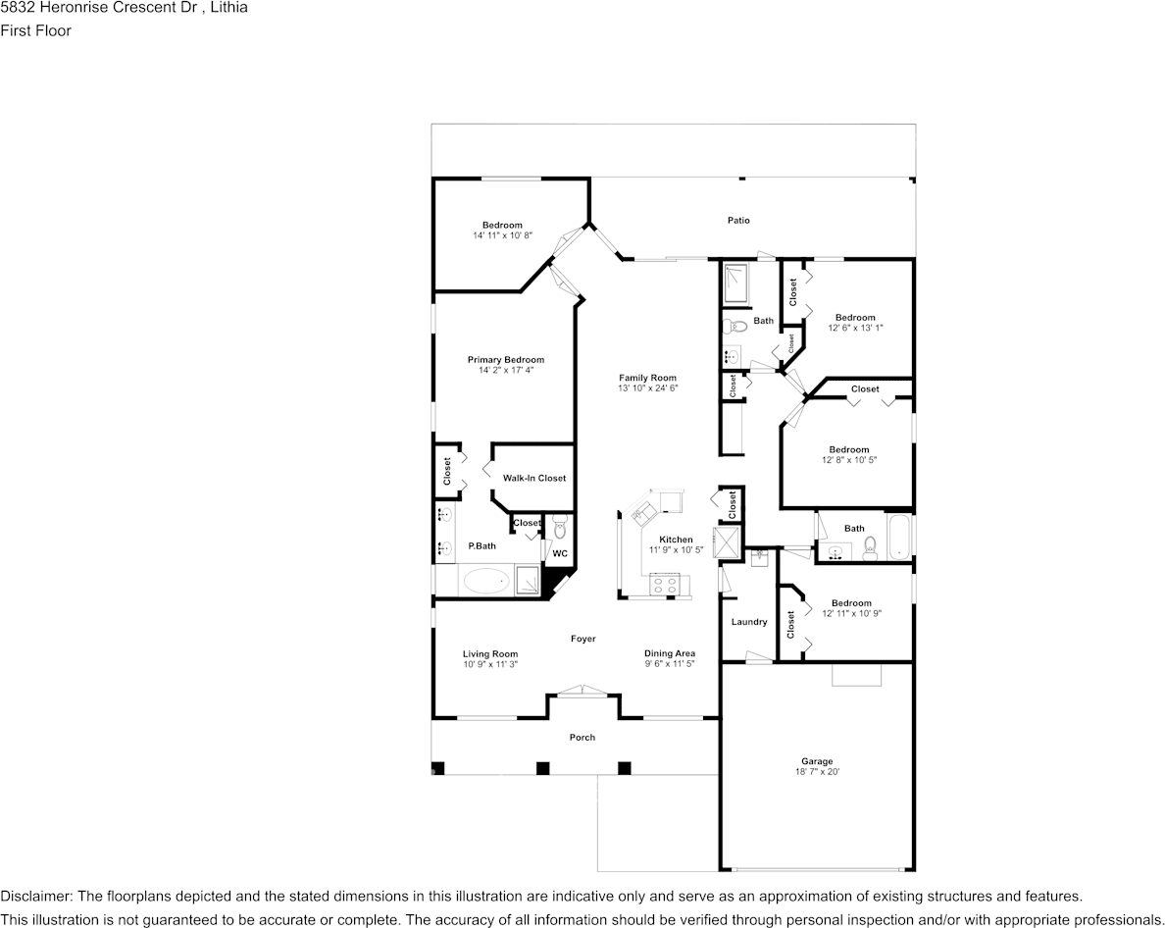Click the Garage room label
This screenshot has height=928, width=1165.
[817, 761]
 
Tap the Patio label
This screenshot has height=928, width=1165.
[738, 221]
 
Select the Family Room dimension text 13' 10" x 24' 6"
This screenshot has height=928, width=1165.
[647, 388]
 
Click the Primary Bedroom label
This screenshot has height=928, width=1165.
[505, 360]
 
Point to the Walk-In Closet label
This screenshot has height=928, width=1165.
[534, 478]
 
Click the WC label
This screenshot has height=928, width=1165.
[559, 553]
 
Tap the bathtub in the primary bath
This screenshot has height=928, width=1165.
[486, 582]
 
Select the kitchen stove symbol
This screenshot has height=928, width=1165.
[664, 585]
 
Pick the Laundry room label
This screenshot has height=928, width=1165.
[749, 622]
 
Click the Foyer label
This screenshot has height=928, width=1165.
[583, 639]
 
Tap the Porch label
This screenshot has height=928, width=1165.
[582, 738]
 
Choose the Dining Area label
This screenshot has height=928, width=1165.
[670, 653]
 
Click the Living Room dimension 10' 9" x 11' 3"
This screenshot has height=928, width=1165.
[490, 664]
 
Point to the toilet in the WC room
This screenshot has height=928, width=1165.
[560, 528]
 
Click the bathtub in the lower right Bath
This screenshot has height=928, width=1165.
[899, 538]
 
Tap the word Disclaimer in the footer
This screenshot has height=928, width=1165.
[35, 897]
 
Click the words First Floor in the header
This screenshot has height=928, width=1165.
[35, 30]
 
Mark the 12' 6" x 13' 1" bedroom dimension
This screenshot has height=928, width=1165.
[855, 328]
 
